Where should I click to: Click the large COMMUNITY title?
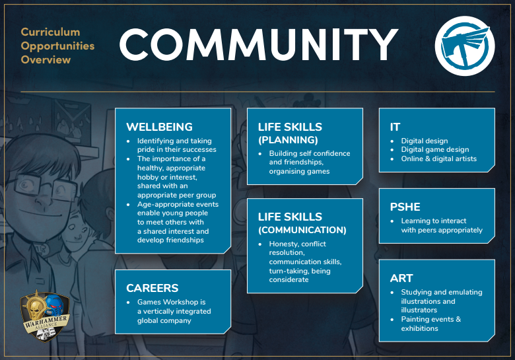pyautogui.click(x=259, y=44)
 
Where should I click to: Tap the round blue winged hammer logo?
pyautogui.click(x=465, y=46)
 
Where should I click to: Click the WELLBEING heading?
pyautogui.click(x=159, y=127)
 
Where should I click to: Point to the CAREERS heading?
pyautogui.click(x=152, y=288)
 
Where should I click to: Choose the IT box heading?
pyautogui.click(x=395, y=127)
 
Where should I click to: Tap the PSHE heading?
pyautogui.click(x=405, y=207)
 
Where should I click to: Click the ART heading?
pyautogui.click(x=401, y=278)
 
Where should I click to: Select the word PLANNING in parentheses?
pyautogui.click(x=288, y=140)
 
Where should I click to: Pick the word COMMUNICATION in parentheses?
pyautogui.click(x=302, y=230)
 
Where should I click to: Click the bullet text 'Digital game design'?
pyautogui.click(x=435, y=149)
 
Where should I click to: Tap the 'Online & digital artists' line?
pyautogui.click(x=439, y=159)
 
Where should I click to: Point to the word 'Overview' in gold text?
pyautogui.click(x=46, y=60)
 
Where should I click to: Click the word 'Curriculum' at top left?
pyautogui.click(x=50, y=32)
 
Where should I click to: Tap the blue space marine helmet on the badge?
pyautogui.click(x=55, y=305)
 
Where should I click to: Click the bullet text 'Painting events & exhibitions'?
pyautogui.click(x=431, y=324)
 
